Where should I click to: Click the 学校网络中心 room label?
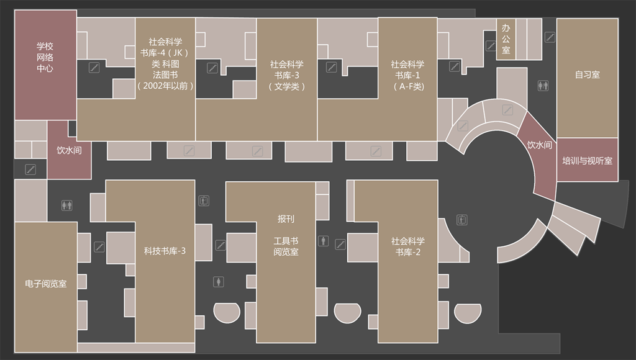pos(45,57)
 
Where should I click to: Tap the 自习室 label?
pos(587,74)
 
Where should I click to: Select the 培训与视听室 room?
pos(588,160)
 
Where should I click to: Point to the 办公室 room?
pos(506,39)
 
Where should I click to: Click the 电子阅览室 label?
pos(46,284)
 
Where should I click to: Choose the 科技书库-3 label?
pos(165,251)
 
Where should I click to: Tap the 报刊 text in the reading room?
pos(286,219)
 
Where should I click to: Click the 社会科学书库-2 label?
pos(407,246)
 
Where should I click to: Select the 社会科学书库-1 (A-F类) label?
pos(407,75)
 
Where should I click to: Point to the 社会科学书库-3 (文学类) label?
pos(287,75)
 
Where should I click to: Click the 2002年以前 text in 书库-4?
pos(165,86)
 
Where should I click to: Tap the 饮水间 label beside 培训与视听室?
pos(540,145)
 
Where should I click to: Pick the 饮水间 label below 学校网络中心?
pos(69,150)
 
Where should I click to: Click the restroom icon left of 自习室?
pos(543,86)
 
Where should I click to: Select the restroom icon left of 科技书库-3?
pos(67,205)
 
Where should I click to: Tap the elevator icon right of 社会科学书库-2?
pos(461,220)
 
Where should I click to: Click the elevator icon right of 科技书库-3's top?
pos(204,200)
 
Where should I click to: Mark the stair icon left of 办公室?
pos(491,46)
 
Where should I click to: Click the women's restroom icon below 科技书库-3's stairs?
pos(219,282)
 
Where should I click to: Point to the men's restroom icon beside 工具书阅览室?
pos(323,241)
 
